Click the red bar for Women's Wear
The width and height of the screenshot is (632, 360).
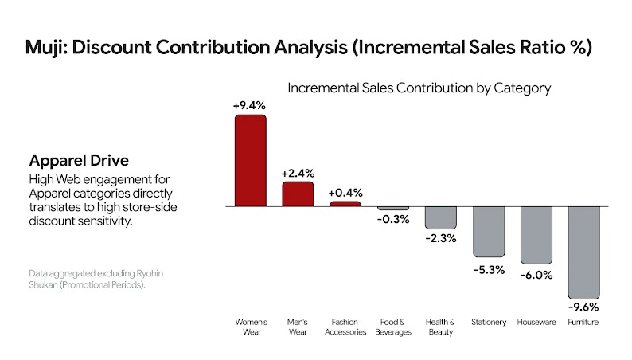(250, 160)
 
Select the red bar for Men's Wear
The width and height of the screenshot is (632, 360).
(298, 194)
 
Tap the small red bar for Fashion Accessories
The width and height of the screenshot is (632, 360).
(345, 204)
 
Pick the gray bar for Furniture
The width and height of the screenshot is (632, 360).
(583, 251)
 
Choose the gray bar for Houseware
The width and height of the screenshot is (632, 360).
(536, 235)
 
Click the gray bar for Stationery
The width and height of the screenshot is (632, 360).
(488, 232)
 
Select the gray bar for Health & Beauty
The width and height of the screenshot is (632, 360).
(440, 217)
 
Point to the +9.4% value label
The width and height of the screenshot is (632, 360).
(249, 105)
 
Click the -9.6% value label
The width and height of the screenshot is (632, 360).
(583, 307)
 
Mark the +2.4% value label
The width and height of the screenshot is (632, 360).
(298, 172)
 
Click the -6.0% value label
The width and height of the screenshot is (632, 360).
(535, 275)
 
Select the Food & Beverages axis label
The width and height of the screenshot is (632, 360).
(392, 327)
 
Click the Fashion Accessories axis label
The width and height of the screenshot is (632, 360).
(345, 327)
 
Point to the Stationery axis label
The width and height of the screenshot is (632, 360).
(488, 322)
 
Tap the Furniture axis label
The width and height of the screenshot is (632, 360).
(583, 322)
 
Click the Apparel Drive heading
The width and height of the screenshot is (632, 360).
(75, 159)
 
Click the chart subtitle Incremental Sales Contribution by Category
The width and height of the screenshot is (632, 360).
(419, 88)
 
